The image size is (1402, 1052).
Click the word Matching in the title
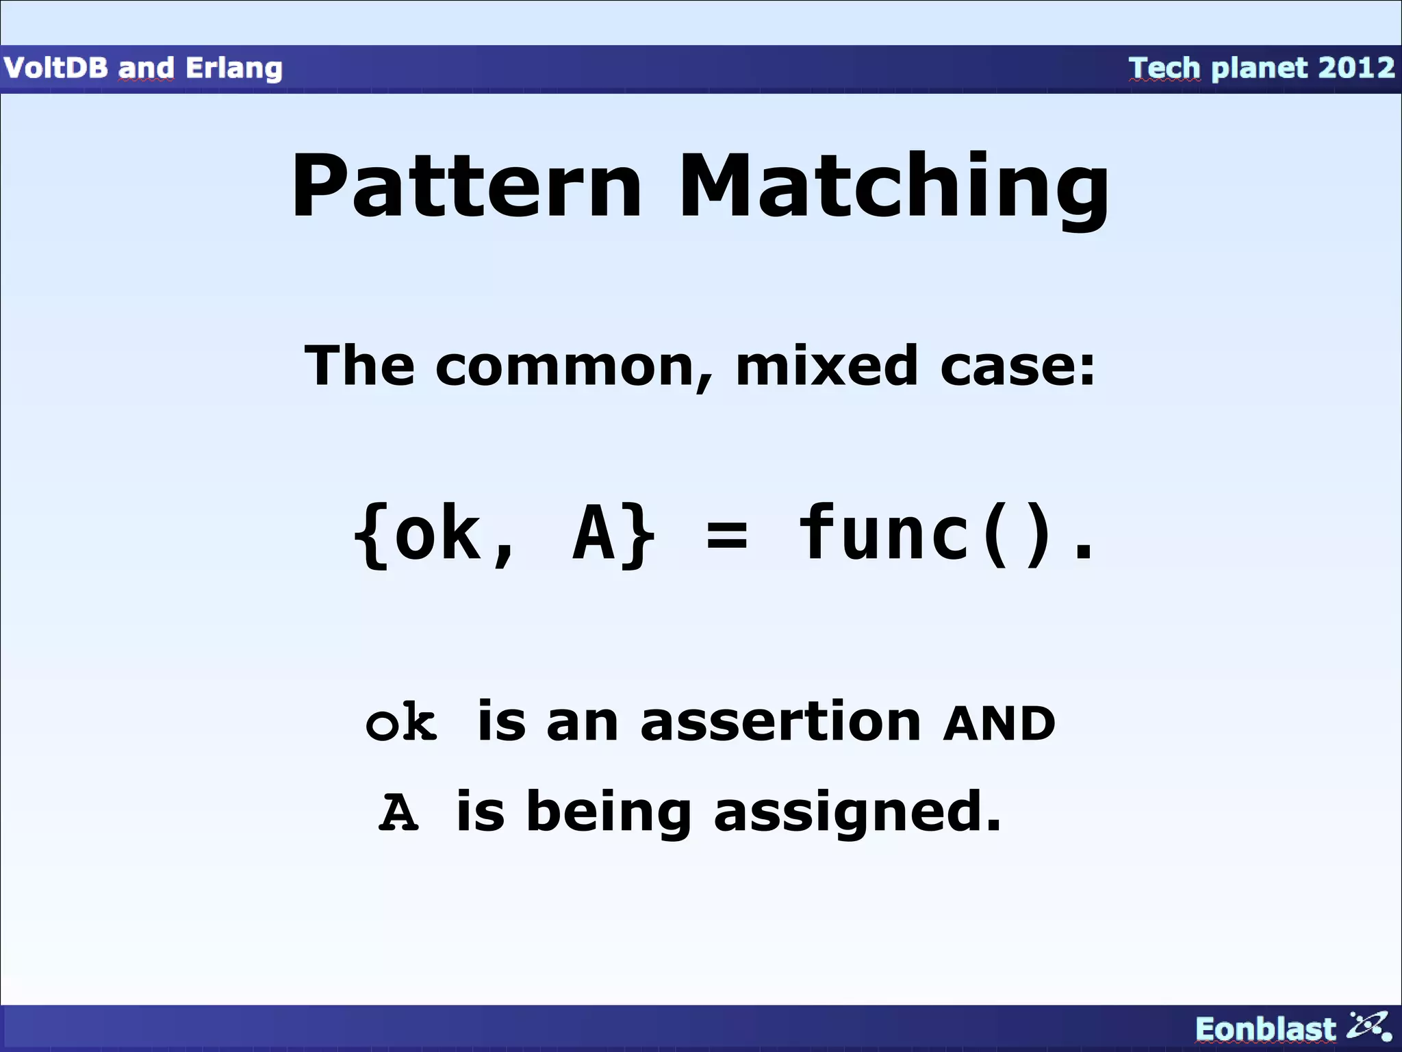(893, 186)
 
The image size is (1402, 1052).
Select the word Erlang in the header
(234, 68)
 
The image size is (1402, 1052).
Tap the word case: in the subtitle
(1017, 366)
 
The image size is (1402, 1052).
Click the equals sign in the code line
(727, 536)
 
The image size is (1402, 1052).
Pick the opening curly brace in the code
(370, 536)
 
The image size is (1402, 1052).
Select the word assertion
(780, 722)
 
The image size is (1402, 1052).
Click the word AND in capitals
(999, 723)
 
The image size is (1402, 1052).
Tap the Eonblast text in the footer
(1265, 1029)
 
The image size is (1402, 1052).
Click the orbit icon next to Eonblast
(1368, 1025)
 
